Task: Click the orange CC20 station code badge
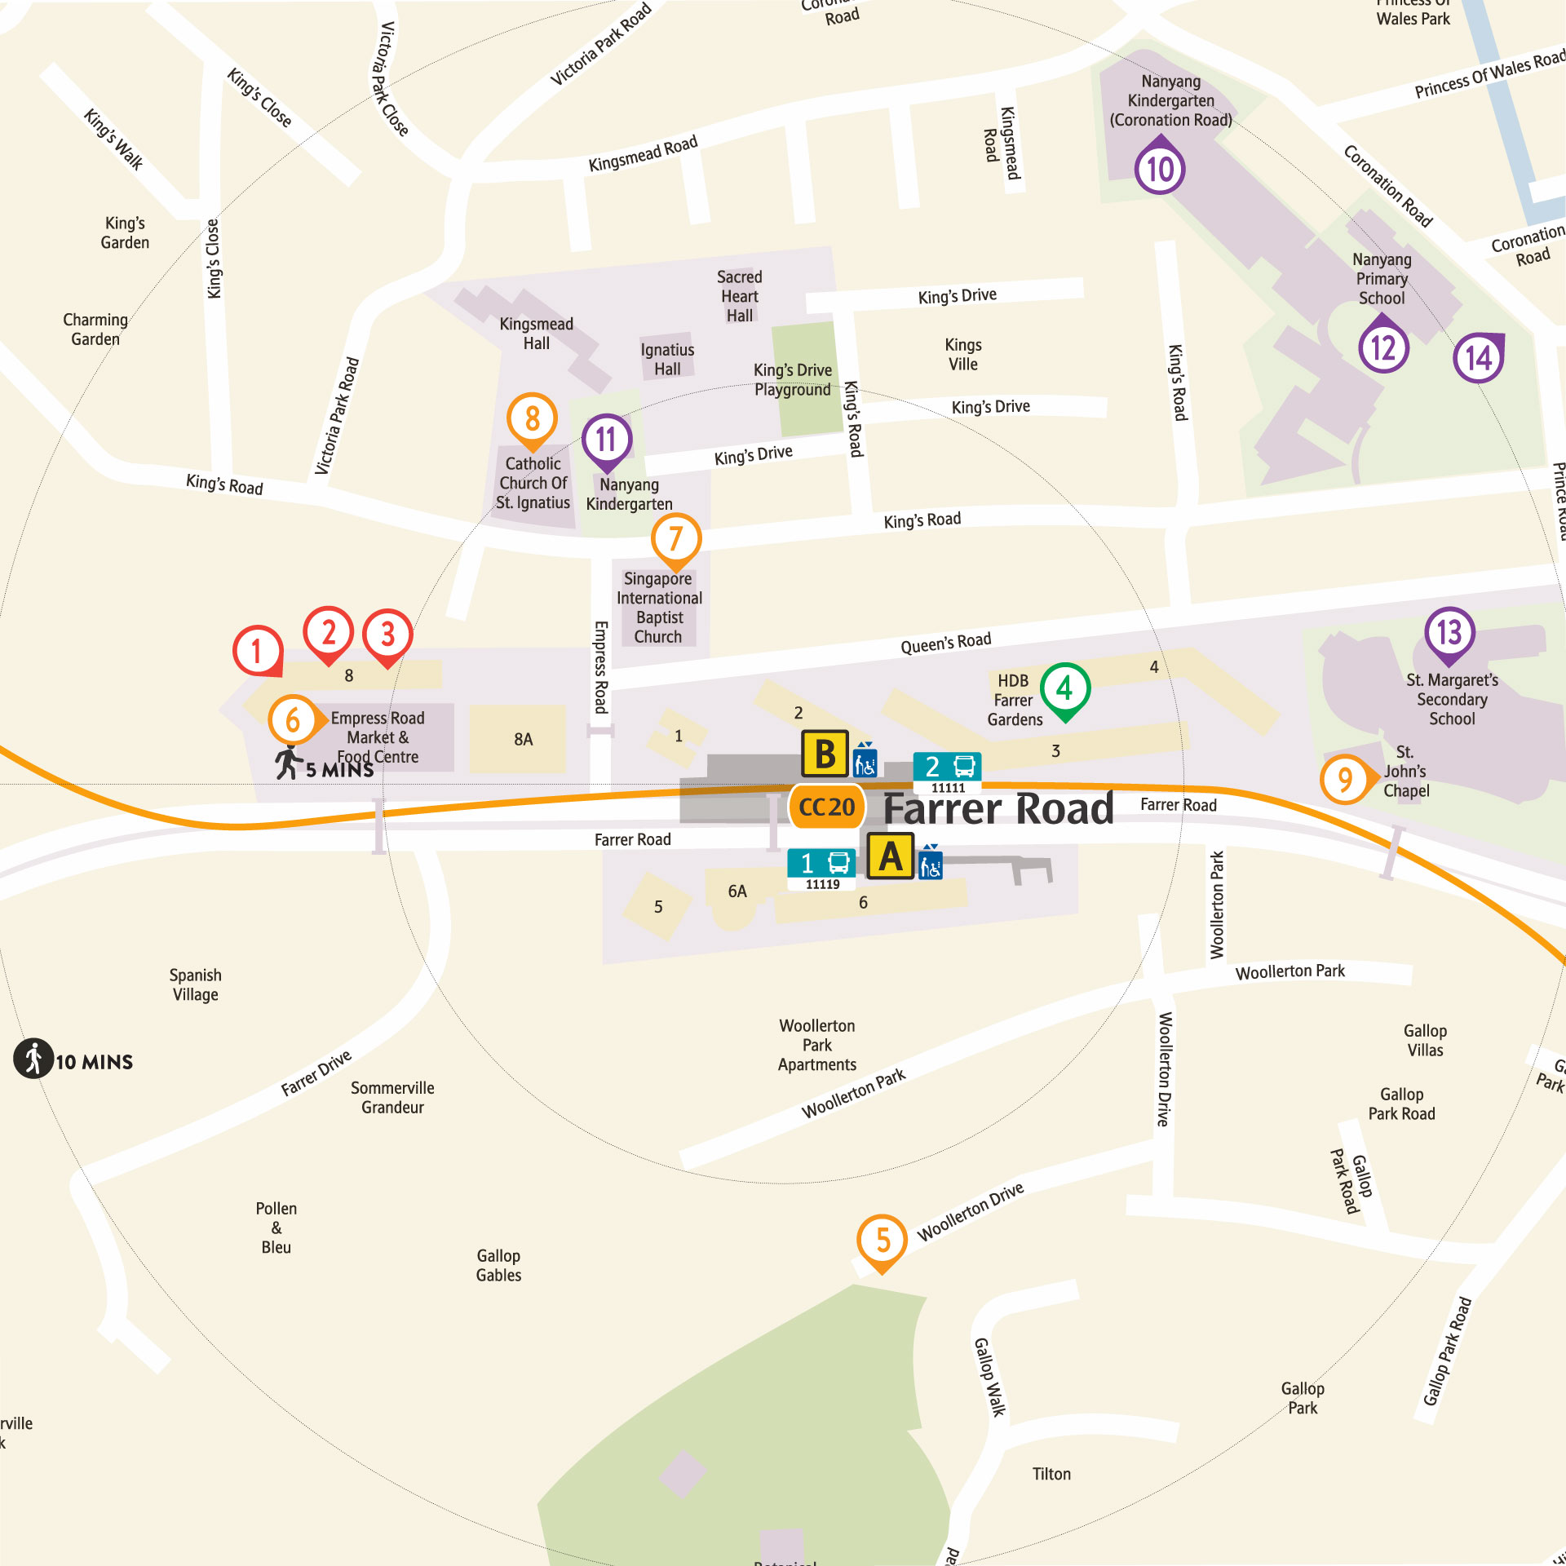(826, 807)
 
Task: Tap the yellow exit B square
(825, 754)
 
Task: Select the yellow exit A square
(890, 856)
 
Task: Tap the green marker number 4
(1064, 689)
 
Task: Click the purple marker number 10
(1160, 169)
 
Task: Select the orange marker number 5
(883, 1241)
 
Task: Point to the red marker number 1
(258, 651)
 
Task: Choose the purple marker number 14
(1478, 357)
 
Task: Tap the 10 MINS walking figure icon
(33, 1059)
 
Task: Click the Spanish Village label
(195, 984)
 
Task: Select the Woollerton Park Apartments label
(816, 1045)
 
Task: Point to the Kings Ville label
(962, 354)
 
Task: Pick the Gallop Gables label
(498, 1265)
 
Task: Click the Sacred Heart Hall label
(739, 296)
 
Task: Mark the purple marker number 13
(1449, 632)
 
